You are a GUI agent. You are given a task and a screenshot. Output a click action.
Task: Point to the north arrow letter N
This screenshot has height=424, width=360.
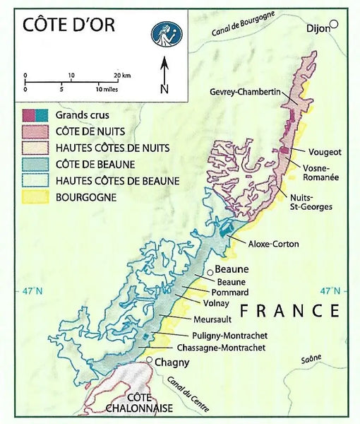tap(164, 88)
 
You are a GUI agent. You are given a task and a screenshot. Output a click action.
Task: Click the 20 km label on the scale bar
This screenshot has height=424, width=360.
tap(121, 74)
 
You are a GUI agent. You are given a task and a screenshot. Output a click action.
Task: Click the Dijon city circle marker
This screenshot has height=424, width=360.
tap(335, 25)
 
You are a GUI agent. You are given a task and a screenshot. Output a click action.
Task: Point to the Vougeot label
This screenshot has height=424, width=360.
tap(324, 151)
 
